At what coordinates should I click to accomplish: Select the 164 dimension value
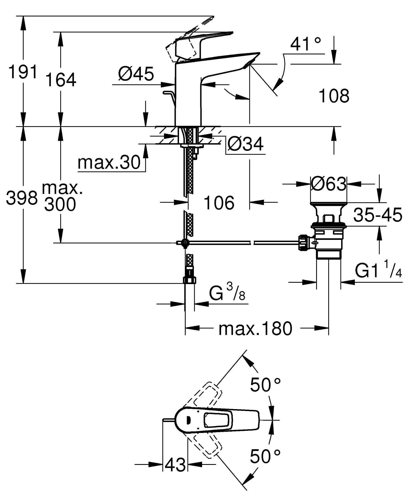61,80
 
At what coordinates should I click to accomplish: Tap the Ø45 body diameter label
136,74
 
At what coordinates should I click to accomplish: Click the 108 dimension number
334,96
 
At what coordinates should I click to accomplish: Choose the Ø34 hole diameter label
245,143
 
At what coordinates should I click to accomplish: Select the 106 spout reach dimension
219,203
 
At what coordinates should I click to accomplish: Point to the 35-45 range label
377,215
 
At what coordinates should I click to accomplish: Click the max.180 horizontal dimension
255,329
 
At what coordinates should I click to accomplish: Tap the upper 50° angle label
265,384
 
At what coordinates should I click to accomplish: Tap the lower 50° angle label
265,456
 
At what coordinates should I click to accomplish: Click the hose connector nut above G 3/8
190,280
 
